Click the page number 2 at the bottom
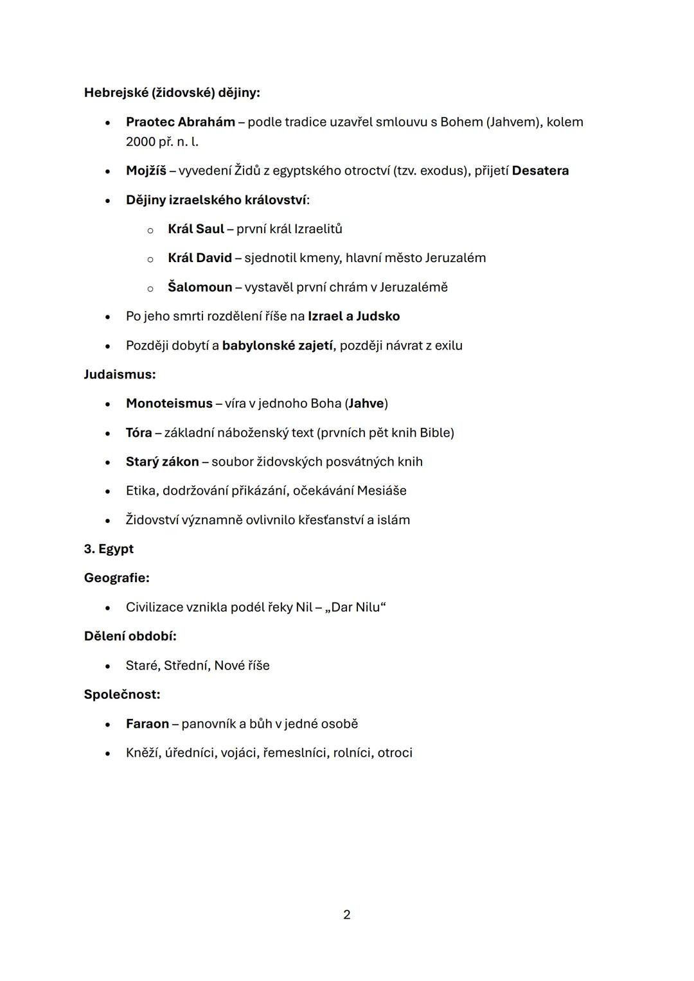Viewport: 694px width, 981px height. (347, 914)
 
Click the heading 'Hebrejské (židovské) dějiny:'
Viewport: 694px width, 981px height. (172, 93)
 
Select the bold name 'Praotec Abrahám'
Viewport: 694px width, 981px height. (181, 122)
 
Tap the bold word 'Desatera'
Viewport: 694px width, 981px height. (540, 171)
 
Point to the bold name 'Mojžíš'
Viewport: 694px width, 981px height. (146, 171)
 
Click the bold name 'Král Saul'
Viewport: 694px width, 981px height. (196, 229)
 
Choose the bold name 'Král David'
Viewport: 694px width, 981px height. (200, 258)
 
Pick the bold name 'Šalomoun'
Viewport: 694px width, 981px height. (200, 287)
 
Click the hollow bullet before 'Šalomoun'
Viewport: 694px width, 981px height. (150, 288)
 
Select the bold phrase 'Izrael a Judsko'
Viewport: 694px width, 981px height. (353, 316)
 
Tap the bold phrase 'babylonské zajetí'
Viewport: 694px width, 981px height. (278, 346)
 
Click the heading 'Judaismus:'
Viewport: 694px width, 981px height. (120, 374)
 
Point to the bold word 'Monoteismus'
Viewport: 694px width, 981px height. (169, 403)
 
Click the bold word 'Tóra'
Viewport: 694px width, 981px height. (139, 432)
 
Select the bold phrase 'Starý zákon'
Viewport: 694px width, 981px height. (163, 462)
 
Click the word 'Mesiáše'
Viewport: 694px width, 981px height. (382, 491)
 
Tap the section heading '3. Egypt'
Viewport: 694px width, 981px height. (109, 549)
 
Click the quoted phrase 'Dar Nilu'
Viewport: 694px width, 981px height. (355, 607)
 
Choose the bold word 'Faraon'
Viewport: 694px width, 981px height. (147, 723)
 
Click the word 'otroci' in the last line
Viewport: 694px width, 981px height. (395, 753)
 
